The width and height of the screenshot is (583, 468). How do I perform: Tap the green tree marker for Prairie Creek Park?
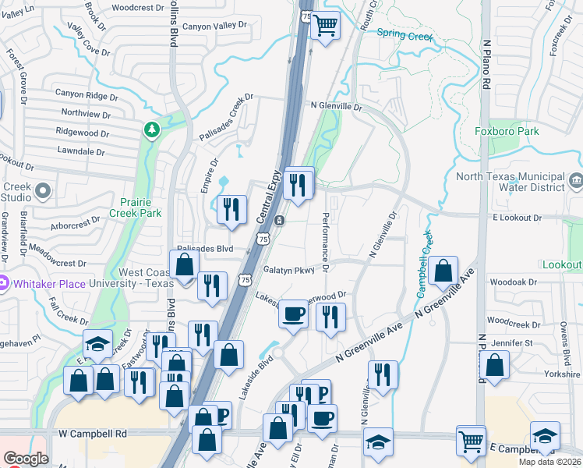151,129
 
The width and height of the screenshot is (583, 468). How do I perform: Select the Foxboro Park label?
507,131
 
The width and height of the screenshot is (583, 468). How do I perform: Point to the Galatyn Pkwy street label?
288,271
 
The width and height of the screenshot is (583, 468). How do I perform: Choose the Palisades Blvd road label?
205,249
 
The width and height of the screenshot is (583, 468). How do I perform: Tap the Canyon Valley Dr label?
214,26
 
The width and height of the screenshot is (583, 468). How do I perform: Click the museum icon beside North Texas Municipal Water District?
576,181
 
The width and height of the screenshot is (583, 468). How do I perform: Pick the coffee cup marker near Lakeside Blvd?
293,314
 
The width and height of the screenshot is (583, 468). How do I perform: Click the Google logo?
26,459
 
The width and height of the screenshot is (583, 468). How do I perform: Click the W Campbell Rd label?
92,433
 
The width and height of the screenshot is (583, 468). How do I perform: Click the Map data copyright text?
549,461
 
